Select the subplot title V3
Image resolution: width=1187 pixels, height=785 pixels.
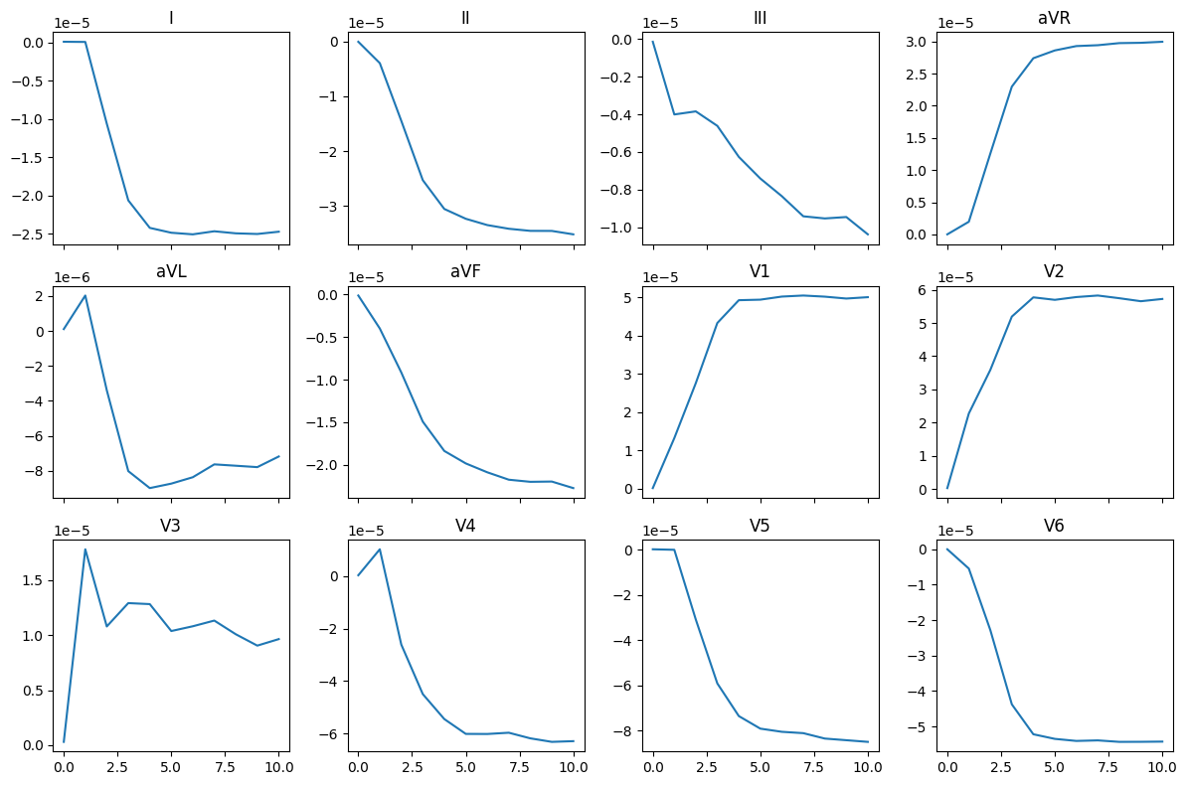pos(171,526)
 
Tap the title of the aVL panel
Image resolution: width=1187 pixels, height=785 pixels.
pos(171,271)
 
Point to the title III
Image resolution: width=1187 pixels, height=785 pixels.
pos(760,18)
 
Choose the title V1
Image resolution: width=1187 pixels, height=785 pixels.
pos(760,271)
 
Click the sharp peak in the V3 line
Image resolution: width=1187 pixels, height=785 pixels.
pos(85,549)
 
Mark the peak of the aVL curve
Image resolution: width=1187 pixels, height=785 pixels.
pos(85,295)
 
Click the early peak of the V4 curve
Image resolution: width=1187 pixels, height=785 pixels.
pos(380,549)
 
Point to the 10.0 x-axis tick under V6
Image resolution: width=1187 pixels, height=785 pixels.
pos(1162,767)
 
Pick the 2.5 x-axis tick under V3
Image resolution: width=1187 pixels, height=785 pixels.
pos(117,767)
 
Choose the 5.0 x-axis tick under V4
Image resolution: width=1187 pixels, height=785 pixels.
pos(465,767)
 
